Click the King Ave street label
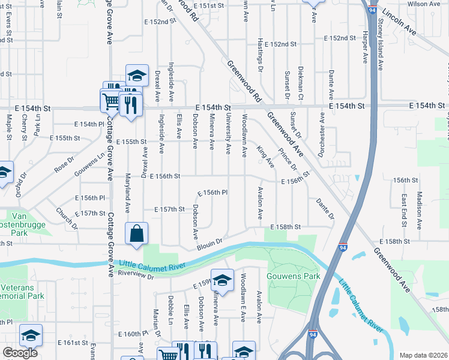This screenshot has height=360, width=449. pos(265,157)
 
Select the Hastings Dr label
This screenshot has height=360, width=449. pos(260,50)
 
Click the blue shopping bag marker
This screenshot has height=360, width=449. pos(136,234)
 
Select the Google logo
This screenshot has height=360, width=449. pos(20,353)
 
